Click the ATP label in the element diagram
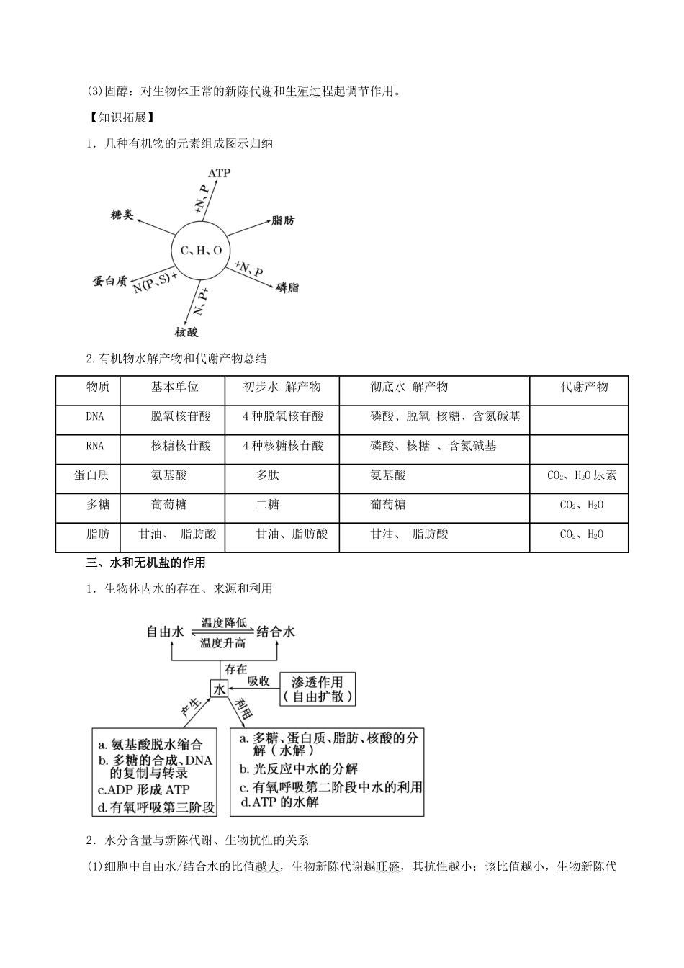click(219, 174)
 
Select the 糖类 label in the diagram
click(122, 215)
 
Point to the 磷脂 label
click(287, 287)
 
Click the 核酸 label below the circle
click(186, 332)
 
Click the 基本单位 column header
click(174, 387)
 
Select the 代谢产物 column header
click(584, 387)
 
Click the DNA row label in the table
click(94, 416)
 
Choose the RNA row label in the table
click(94, 446)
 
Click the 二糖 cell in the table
click(268, 505)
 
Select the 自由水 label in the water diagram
click(166, 632)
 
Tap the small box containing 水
click(219, 689)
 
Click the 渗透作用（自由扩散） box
click(318, 689)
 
